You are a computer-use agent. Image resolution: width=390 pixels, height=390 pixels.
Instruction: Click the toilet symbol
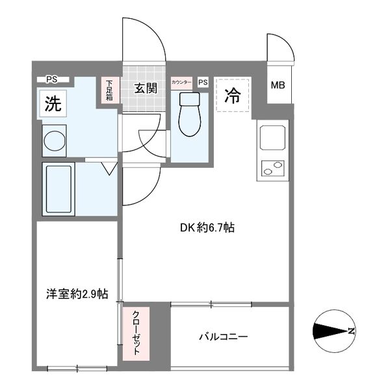[x=190, y=114]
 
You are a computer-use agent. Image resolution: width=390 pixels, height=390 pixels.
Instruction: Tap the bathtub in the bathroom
[x=58, y=189]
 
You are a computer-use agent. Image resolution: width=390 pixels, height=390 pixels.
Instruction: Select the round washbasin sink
[x=54, y=141]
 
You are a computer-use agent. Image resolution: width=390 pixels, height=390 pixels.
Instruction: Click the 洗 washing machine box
[x=53, y=103]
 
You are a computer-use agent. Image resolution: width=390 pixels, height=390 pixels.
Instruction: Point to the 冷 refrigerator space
[x=233, y=96]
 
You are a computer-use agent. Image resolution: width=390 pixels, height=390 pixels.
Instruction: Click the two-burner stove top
[x=272, y=168]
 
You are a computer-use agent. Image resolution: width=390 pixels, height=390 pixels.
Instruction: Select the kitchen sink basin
[x=272, y=138]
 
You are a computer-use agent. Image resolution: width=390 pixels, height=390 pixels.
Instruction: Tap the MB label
[x=278, y=85]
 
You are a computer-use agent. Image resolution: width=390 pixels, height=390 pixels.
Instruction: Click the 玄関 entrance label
[x=146, y=88]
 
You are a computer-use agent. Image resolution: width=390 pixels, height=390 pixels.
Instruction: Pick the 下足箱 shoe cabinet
[x=109, y=90]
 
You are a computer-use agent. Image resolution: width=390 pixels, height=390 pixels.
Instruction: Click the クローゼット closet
[x=136, y=333]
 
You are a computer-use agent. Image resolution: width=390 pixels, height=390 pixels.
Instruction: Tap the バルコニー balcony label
[x=224, y=337]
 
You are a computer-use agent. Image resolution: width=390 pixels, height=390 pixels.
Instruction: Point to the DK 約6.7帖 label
[x=207, y=227]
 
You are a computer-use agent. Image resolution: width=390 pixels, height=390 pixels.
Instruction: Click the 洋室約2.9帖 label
[x=77, y=294]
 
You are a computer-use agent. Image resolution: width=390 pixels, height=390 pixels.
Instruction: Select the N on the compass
[x=351, y=331]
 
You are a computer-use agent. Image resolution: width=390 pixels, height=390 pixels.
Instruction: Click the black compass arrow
[x=330, y=331]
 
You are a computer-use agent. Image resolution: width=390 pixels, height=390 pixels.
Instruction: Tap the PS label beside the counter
[x=203, y=82]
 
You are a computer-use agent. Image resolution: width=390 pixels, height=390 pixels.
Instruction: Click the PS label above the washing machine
[x=52, y=79]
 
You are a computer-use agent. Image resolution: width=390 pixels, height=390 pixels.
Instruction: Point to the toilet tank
[x=190, y=99]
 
